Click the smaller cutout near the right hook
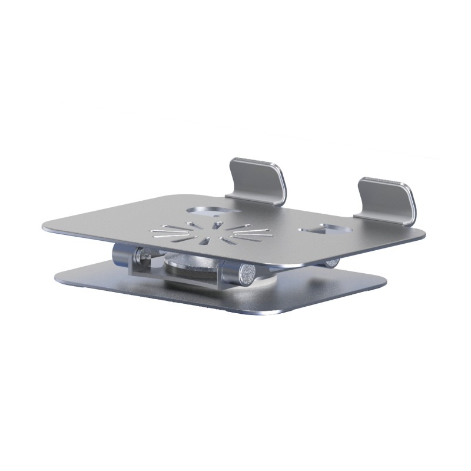[326, 227]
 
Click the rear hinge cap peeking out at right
[332, 263]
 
